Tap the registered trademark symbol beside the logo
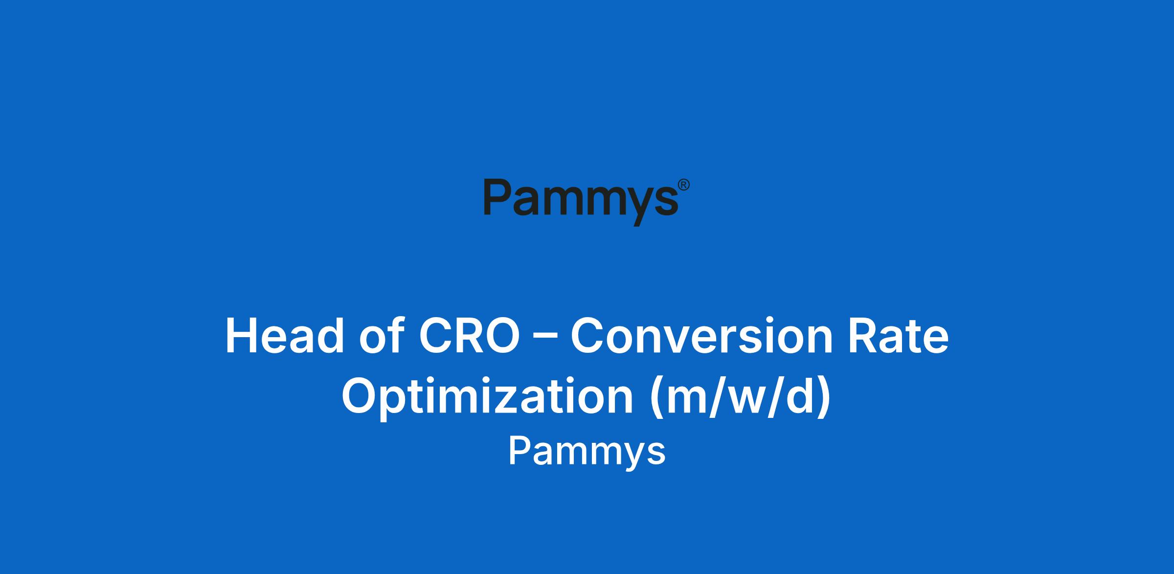click(684, 184)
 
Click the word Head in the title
click(285, 336)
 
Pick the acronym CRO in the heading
click(469, 336)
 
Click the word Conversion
click(701, 336)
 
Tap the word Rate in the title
click(898, 336)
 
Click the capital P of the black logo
click(498, 197)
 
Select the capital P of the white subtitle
click(520, 451)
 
